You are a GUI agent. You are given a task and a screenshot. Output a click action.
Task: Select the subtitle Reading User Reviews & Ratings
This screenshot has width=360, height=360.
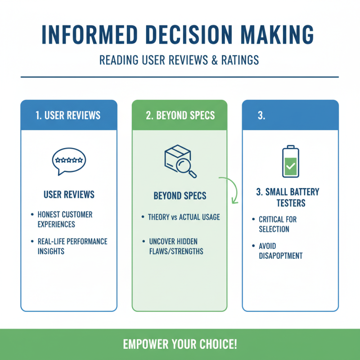pyautogui.click(x=180, y=60)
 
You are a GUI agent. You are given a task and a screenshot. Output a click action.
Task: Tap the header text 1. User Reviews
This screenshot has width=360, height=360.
pyautogui.click(x=69, y=115)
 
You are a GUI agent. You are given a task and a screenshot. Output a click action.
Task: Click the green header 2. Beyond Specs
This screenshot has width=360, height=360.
pyautogui.click(x=180, y=115)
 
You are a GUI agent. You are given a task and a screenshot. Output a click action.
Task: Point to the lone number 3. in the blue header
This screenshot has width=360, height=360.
pyautogui.click(x=261, y=115)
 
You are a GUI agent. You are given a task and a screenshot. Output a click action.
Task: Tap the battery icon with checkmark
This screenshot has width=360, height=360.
pyautogui.click(x=290, y=161)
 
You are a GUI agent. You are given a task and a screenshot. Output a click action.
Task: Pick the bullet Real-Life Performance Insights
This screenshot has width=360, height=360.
pyautogui.click(x=72, y=246)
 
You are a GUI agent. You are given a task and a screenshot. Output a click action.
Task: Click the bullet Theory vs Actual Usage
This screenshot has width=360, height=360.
pyautogui.click(x=184, y=217)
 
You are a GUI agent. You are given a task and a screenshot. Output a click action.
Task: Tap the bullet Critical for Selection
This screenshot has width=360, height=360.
pyautogui.click(x=278, y=224)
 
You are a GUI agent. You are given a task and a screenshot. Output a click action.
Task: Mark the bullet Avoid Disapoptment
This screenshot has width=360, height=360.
pyautogui.click(x=280, y=251)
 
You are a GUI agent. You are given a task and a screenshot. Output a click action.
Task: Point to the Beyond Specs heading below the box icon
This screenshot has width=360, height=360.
pyautogui.click(x=180, y=196)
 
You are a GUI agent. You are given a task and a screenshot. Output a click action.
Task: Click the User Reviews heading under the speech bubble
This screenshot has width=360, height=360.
pyautogui.click(x=69, y=194)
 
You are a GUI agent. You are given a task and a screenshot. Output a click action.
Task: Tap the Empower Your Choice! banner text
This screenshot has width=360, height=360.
pyautogui.click(x=180, y=345)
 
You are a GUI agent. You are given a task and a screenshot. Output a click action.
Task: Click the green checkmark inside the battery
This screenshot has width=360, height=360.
pyautogui.click(x=290, y=167)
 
